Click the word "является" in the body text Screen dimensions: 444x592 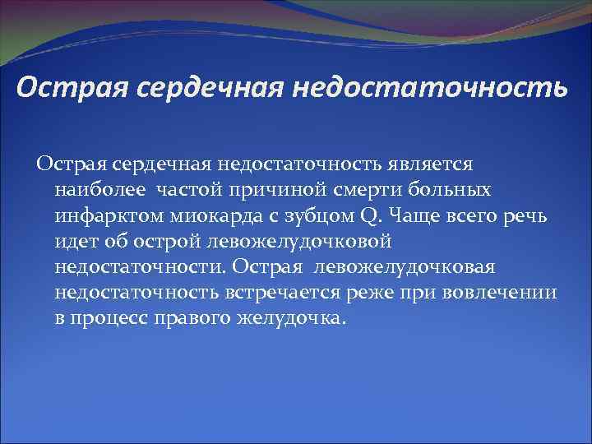coord(432,164)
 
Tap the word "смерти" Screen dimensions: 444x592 coord(380,191)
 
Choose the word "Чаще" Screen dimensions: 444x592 coord(413,217)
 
